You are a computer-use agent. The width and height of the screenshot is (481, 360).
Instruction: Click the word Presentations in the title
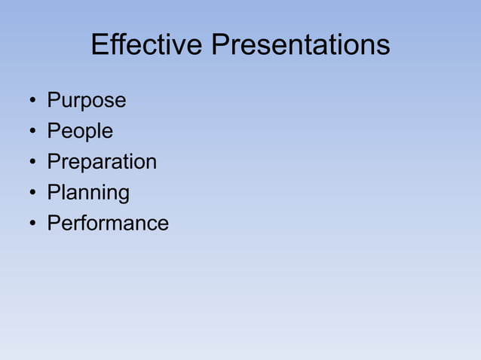(x=300, y=46)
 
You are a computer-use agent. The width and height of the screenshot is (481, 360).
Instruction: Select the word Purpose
(x=87, y=101)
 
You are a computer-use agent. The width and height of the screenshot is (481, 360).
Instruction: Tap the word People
(x=80, y=131)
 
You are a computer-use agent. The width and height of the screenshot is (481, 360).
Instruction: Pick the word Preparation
(x=102, y=162)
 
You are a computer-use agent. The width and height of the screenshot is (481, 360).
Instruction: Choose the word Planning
(x=88, y=194)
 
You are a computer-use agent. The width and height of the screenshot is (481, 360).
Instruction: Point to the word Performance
(x=108, y=224)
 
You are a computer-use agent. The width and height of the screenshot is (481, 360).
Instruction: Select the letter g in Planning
(x=123, y=195)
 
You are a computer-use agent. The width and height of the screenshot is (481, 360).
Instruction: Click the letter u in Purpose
(x=66, y=102)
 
